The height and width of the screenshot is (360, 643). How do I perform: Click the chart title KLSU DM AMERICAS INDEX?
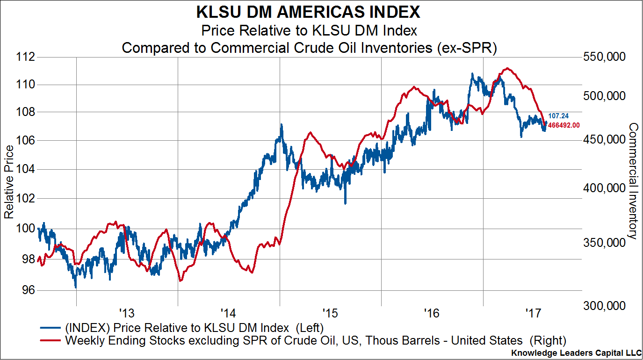pyautogui.click(x=309, y=11)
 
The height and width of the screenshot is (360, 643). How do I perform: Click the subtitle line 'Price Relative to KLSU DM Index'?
pyautogui.click(x=309, y=31)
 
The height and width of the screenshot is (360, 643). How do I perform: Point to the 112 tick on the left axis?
pyautogui.click(x=26, y=57)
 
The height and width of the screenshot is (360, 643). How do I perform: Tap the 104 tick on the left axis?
pyautogui.click(x=26, y=170)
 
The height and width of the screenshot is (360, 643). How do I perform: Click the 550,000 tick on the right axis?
pyautogui.click(x=604, y=57)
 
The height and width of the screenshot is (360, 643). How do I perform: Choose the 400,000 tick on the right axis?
pyautogui.click(x=604, y=188)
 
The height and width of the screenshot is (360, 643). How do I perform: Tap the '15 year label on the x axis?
pyautogui.click(x=330, y=312)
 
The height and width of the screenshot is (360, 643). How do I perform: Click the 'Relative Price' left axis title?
pyautogui.click(x=9, y=181)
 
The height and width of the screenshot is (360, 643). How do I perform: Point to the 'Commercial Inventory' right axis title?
pyautogui.click(x=633, y=181)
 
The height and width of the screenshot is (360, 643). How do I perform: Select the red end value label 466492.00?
pyautogui.click(x=564, y=125)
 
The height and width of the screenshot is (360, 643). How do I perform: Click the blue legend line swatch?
pyautogui.click(x=50, y=326)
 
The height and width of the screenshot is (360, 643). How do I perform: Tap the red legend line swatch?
pyautogui.click(x=50, y=340)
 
